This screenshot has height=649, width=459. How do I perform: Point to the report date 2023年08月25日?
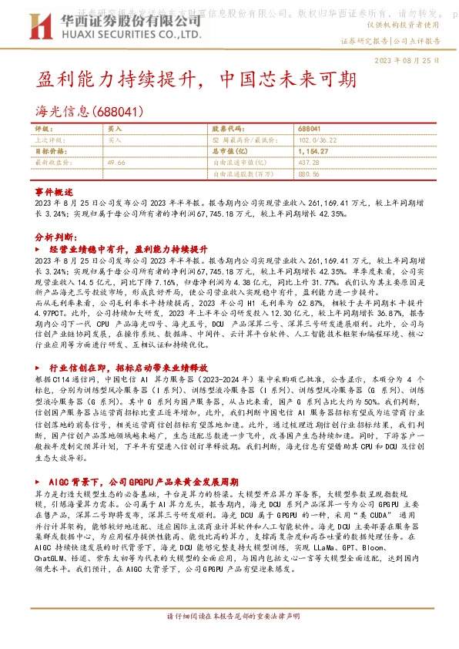(406, 60)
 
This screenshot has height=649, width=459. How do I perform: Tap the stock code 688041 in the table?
(310, 129)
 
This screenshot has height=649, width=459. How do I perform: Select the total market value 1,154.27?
(313, 152)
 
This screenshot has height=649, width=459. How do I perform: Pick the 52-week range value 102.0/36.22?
(317, 140)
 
